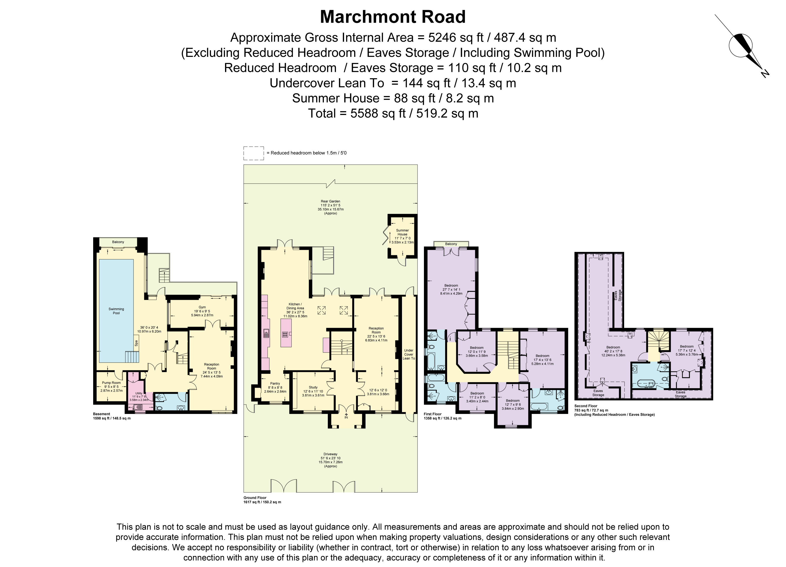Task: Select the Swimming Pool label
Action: pyautogui.click(x=116, y=311)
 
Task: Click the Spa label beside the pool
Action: pyautogui.click(x=136, y=343)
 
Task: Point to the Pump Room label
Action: pyautogui.click(x=111, y=383)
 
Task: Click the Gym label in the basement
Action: pyautogui.click(x=202, y=307)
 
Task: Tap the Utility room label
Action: pyautogui.click(x=139, y=393)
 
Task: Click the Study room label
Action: pyautogui.click(x=313, y=387)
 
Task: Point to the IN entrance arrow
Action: pyautogui.click(x=346, y=415)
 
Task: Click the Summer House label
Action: pyautogui.click(x=402, y=232)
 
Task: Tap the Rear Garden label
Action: pyautogui.click(x=330, y=201)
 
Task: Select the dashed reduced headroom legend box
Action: pyautogui.click(x=254, y=153)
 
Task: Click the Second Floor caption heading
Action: pyautogui.click(x=585, y=406)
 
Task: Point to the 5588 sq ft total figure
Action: pyautogui.click(x=378, y=113)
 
